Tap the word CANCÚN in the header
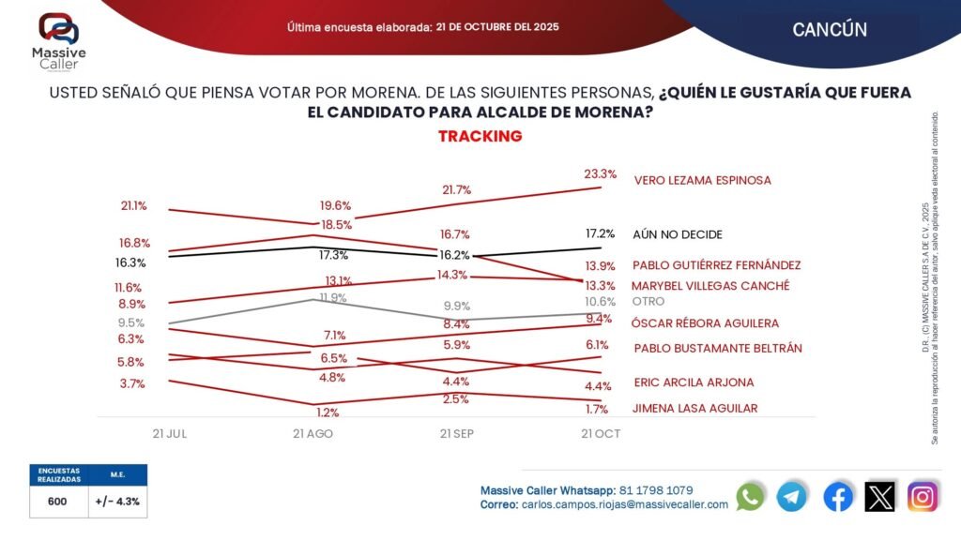(x=829, y=29)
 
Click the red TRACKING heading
(x=480, y=136)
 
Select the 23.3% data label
(x=601, y=173)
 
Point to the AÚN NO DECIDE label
(x=678, y=234)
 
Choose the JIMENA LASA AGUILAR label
(x=694, y=408)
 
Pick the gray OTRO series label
(x=648, y=302)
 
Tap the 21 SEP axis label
(x=457, y=434)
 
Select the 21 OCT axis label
(x=601, y=434)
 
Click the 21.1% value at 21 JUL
(x=133, y=205)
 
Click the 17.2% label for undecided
(x=601, y=233)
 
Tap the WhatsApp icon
(x=750, y=497)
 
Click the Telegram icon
(x=792, y=497)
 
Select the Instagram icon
(x=923, y=497)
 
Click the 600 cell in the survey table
(x=57, y=502)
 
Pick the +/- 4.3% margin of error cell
(x=118, y=502)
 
